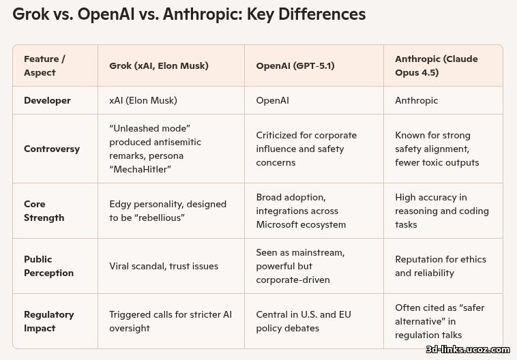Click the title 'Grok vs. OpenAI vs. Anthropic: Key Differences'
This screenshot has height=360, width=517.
(x=189, y=14)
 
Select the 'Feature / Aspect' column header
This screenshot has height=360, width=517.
(x=44, y=65)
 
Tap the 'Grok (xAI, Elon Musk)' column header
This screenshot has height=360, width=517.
(x=159, y=65)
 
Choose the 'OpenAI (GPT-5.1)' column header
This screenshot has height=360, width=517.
(x=295, y=65)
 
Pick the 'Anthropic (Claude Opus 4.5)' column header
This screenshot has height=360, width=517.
(x=437, y=65)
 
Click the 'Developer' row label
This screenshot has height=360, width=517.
(x=47, y=100)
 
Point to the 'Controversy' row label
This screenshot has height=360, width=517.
(x=52, y=149)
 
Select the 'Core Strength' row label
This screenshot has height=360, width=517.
(x=44, y=211)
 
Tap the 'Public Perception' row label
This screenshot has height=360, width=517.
(x=48, y=266)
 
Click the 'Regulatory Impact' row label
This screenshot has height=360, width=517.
(x=49, y=321)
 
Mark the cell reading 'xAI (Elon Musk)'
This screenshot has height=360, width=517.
(x=143, y=100)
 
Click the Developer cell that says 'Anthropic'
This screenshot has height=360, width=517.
(x=416, y=100)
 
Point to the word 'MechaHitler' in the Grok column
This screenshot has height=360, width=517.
(x=141, y=169)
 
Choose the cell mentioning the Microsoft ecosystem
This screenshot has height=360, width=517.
(x=301, y=211)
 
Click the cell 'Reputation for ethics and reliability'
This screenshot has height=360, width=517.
(x=441, y=266)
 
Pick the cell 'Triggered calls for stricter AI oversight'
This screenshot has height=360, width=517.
(x=171, y=321)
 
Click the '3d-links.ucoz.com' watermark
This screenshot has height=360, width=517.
(x=467, y=349)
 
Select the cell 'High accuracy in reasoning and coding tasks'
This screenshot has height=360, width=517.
(x=442, y=211)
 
